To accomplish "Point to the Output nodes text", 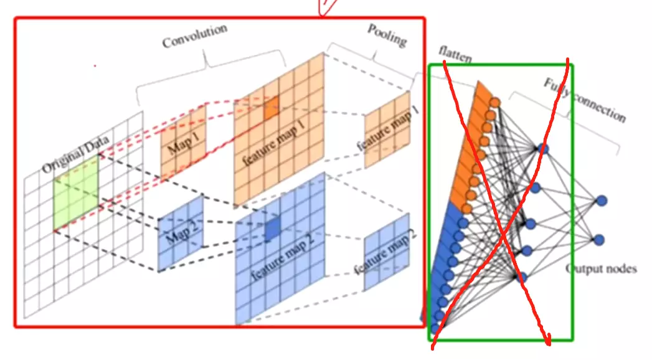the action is click(x=601, y=269).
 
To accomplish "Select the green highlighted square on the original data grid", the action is click(x=75, y=192).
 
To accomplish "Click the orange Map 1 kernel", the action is click(x=183, y=143).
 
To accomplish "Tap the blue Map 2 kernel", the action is click(x=181, y=234).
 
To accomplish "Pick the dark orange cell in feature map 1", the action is click(x=271, y=108).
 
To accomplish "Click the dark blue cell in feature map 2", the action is click(x=272, y=231).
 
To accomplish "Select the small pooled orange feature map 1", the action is click(x=387, y=131).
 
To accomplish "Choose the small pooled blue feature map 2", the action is click(x=387, y=252).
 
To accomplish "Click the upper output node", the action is click(x=601, y=201).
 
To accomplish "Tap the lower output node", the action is click(x=600, y=239).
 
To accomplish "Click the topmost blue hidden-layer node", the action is click(x=542, y=149).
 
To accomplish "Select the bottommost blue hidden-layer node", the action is click(x=522, y=277).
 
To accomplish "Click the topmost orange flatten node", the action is click(x=495, y=102).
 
